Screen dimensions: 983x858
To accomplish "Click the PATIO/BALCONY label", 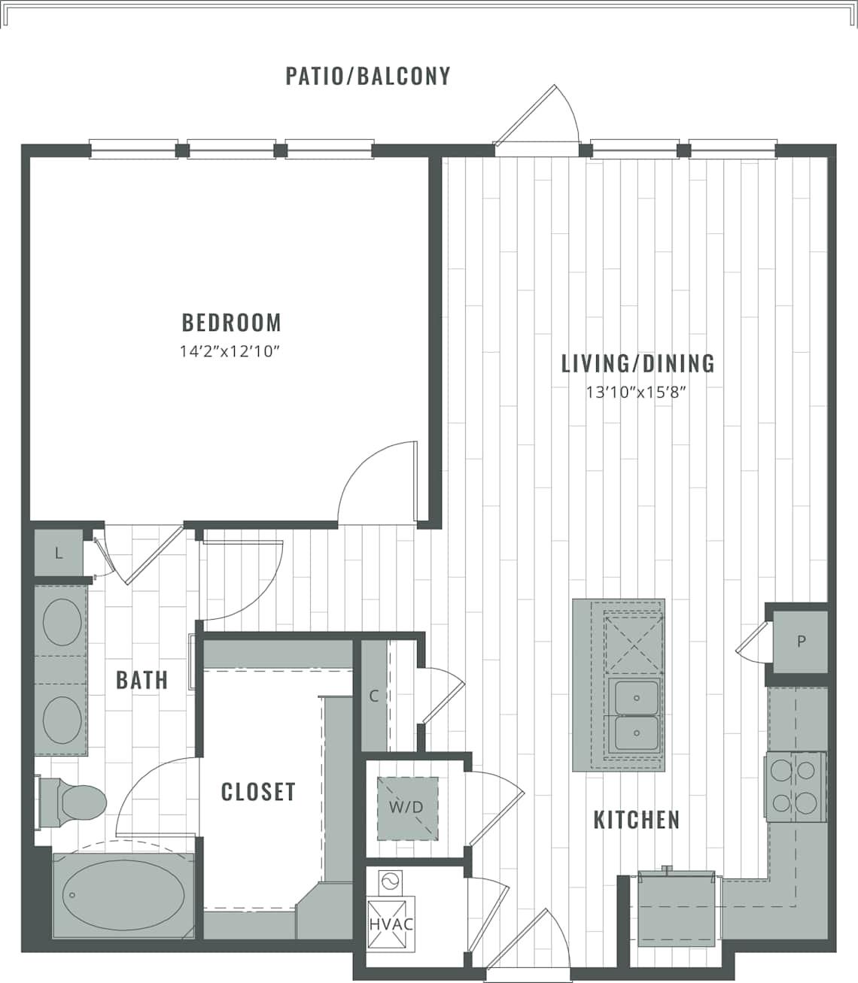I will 368,76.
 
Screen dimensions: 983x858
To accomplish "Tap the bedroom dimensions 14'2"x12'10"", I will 231,350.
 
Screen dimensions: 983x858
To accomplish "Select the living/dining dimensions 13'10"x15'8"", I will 637,392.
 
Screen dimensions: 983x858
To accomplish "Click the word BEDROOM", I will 231,323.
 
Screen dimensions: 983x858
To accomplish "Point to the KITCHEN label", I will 637,819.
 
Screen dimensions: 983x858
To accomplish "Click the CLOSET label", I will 258,791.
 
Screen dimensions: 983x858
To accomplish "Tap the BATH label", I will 141,680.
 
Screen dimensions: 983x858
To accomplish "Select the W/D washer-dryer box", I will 406,808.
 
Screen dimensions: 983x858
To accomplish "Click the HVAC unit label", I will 391,924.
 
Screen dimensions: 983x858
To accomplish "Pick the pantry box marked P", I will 801,642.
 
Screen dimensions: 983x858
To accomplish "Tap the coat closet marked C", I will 373,696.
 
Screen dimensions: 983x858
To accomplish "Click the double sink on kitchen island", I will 636,714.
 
